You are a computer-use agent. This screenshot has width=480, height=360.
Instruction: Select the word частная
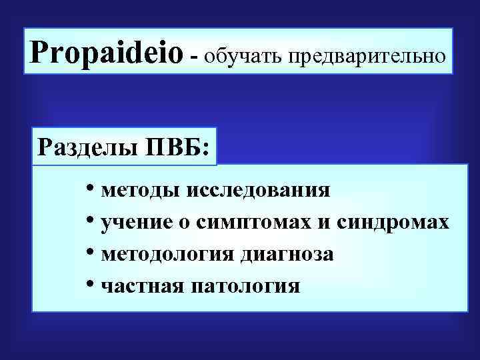(141, 287)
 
